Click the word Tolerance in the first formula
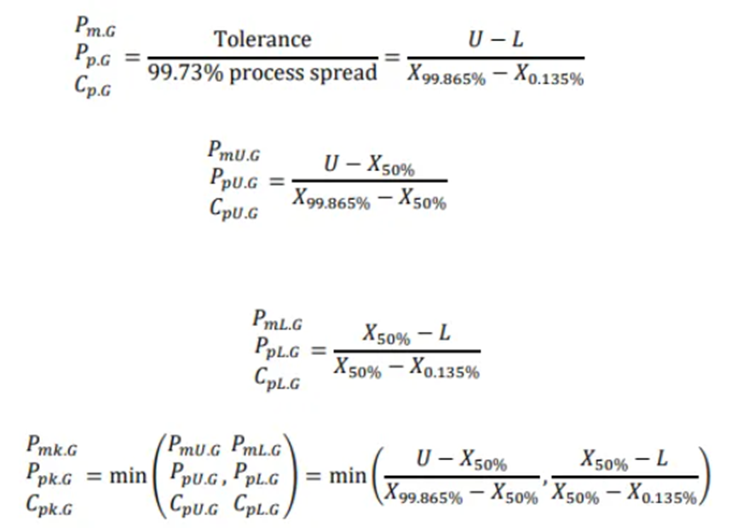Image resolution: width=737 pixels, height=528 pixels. coord(262,39)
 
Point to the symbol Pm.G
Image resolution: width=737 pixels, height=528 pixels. coord(95,26)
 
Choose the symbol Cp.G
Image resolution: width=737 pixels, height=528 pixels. coord(93,85)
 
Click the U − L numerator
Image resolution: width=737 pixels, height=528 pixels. coord(496,39)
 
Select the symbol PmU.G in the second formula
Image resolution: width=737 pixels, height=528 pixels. coord(233,152)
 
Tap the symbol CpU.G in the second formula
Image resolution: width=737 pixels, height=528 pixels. coord(233,209)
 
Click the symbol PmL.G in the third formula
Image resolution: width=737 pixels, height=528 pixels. coord(277,320)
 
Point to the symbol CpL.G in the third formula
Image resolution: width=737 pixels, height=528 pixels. coord(277,379)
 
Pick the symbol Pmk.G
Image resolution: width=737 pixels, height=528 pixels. coord(52,445)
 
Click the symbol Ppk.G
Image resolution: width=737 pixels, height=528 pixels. coord(49,475)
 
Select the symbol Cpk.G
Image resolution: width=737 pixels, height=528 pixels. coord(49,506)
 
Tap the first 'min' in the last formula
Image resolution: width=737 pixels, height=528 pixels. coord(128,476)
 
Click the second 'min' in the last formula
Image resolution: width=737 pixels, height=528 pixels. coord(348,476)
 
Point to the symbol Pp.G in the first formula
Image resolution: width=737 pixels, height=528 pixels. coord(93,56)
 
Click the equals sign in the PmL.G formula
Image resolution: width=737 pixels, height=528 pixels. coord(318,350)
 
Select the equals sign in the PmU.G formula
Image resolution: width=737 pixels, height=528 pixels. coord(276,181)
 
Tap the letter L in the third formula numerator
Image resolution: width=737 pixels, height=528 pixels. coord(444,333)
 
